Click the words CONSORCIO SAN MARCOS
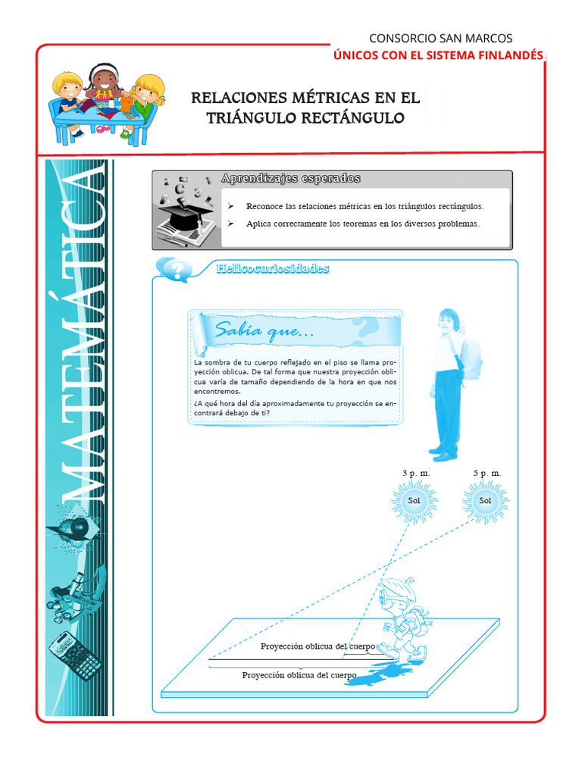point(440,38)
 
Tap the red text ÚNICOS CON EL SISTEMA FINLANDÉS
point(439,55)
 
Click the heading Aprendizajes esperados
point(290,179)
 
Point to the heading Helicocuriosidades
point(272,268)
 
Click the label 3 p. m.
point(415,473)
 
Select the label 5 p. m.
point(487,473)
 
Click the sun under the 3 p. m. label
point(414,500)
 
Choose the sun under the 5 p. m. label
point(485,500)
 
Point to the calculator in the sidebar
point(75,655)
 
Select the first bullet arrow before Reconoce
point(230,206)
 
